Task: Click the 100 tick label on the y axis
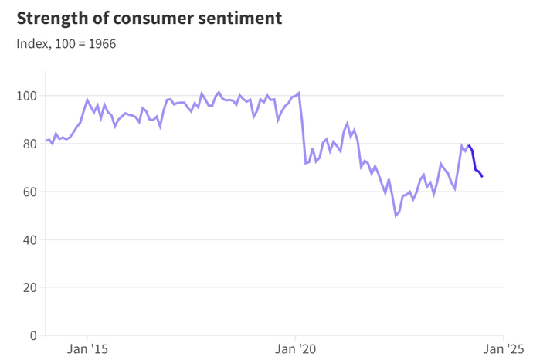[x=26, y=96]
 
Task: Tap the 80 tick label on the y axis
[x=29, y=144]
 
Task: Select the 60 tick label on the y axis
[x=29, y=192]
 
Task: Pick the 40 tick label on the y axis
[x=29, y=239]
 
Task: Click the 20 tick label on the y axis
[x=29, y=287]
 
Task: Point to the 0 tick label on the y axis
[x=33, y=335]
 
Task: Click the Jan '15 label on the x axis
[x=89, y=349]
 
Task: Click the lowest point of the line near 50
[x=396, y=216]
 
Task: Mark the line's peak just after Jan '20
[x=299, y=93]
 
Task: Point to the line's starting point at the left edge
[x=46, y=141]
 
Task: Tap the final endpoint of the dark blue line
[x=483, y=177]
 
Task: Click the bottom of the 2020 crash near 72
[x=306, y=164]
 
